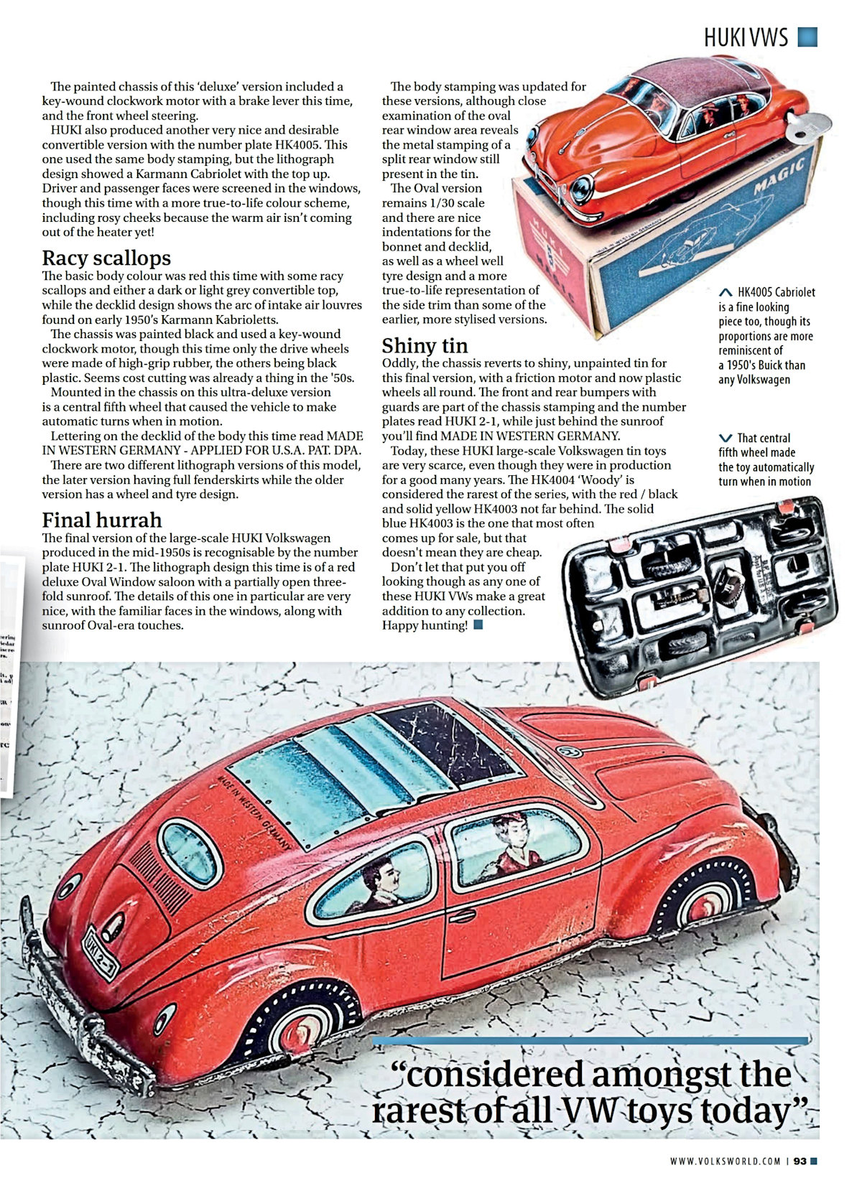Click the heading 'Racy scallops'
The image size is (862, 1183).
[x=106, y=258]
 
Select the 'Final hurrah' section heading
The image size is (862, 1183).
[x=101, y=520]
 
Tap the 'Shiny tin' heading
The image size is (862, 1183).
[x=425, y=345]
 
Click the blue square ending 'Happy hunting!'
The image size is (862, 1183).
[x=478, y=625]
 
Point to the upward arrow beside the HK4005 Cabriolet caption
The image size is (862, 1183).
[x=726, y=293]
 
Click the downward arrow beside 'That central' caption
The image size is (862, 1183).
[x=726, y=438]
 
